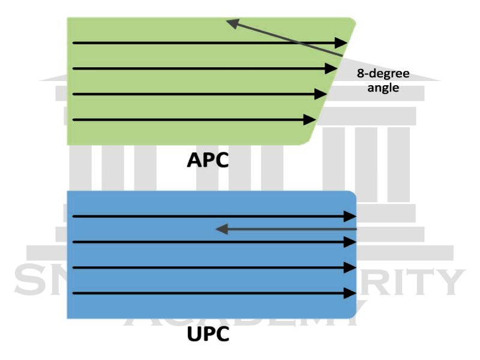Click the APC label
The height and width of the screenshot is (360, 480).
tap(208, 160)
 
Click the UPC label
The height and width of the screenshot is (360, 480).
tap(208, 334)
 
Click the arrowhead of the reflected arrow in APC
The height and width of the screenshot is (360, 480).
tap(232, 23)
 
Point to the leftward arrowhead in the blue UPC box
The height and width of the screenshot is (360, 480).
tap(221, 229)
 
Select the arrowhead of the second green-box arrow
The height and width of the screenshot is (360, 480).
tap(332, 68)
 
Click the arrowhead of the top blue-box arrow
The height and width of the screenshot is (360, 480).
tap(351, 216)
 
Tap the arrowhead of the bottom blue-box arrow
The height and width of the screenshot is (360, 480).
tap(351, 293)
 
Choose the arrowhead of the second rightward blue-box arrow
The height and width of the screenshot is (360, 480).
tap(351, 242)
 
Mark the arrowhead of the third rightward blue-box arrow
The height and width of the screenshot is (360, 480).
tap(351, 268)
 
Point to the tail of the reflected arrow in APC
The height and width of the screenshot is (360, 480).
tap(342, 56)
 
